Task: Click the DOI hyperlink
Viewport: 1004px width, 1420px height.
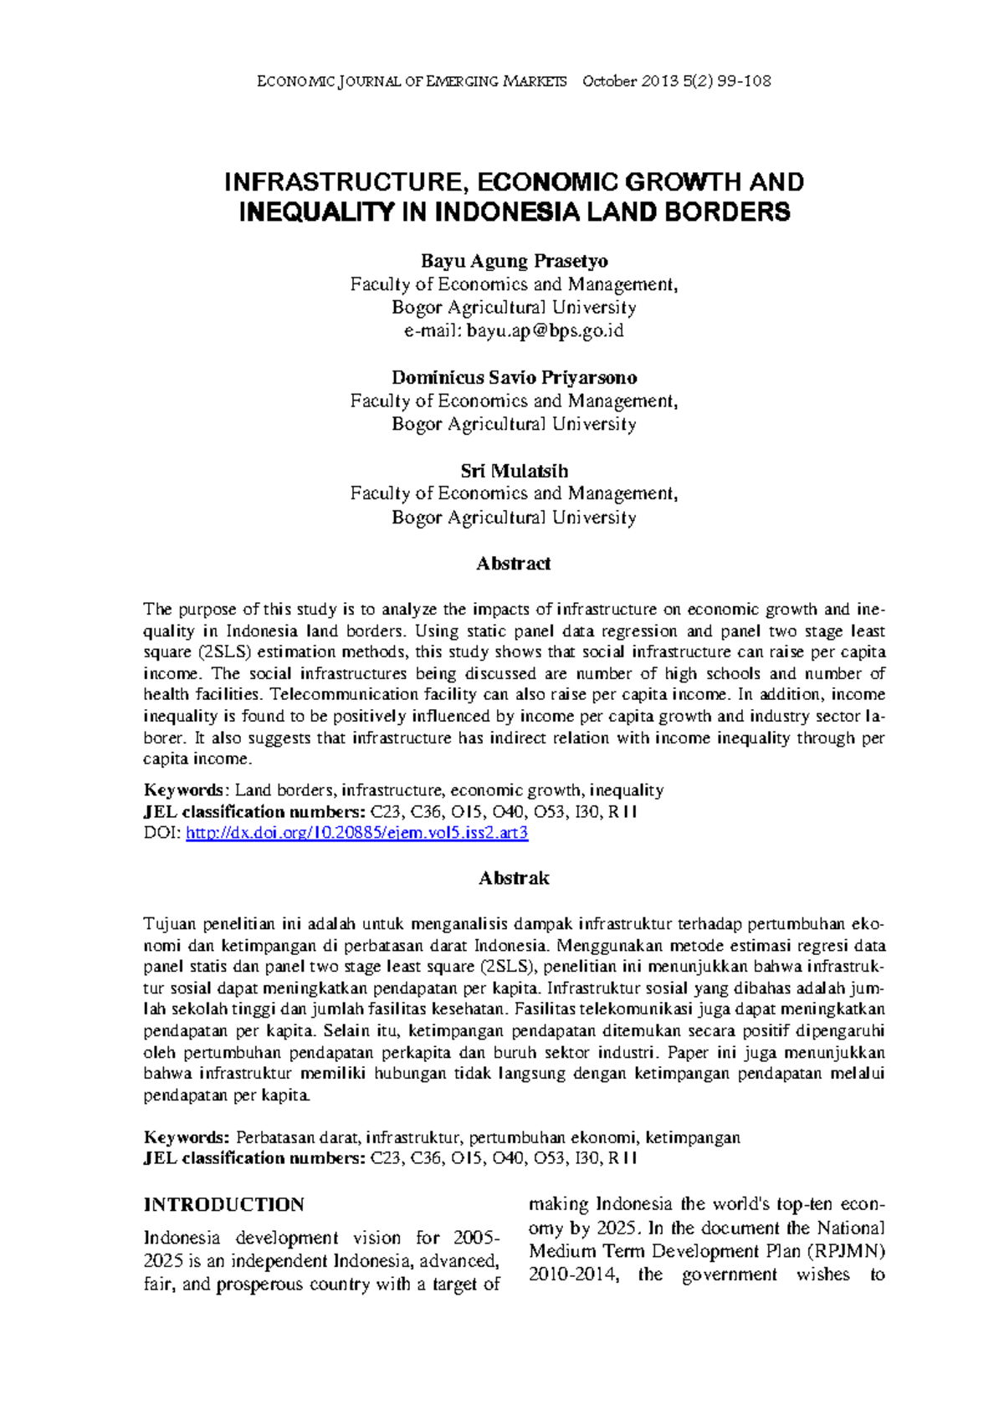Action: [x=356, y=833]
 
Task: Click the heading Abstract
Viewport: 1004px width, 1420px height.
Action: [x=514, y=564]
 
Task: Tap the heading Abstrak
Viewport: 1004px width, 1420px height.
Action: [x=514, y=878]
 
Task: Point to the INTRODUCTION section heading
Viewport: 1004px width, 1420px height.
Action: [x=223, y=1205]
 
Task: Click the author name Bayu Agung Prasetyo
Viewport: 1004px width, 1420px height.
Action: [x=514, y=261]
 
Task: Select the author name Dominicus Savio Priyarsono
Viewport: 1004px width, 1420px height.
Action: [x=514, y=378]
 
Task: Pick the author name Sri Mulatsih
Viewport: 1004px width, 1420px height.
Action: [x=514, y=471]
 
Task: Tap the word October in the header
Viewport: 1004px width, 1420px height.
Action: [x=609, y=81]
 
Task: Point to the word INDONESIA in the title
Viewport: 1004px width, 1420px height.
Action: [x=507, y=212]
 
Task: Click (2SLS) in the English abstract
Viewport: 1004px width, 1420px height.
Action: [x=224, y=652]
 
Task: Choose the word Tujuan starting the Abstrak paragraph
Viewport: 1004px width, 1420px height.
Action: [x=169, y=925]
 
